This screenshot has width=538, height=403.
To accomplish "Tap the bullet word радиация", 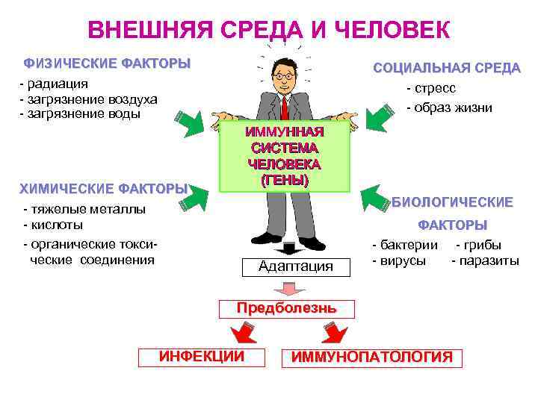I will point(56,83).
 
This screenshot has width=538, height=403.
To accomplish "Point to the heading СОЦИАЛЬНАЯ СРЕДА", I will point(447,68).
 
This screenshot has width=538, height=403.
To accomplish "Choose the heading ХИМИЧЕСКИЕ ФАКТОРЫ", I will point(103,188).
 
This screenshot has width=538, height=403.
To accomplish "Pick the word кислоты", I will point(55,225).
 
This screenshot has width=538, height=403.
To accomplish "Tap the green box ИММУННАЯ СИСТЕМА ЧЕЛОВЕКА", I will point(285,156).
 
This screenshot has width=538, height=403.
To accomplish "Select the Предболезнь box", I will point(286,307).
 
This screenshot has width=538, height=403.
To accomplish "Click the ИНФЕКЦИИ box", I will point(202,357).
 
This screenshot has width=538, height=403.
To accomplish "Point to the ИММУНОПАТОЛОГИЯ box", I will point(371,357).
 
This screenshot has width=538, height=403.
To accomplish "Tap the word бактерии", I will point(408,245).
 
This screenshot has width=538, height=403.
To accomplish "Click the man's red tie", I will point(284,108).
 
